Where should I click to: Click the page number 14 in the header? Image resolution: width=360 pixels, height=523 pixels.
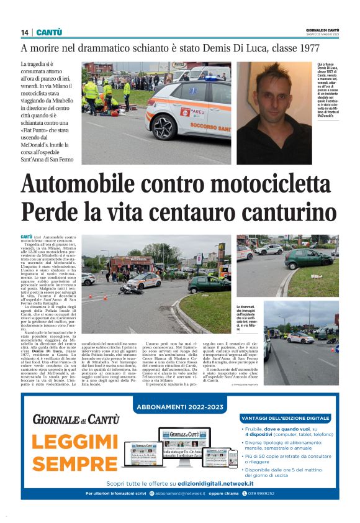click(24, 32)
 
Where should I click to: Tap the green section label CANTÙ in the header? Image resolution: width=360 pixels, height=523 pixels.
click(48, 32)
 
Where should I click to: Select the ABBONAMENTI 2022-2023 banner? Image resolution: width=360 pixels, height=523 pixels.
click(179, 407)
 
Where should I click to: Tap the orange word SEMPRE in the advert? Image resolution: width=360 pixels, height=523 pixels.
click(75, 463)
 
